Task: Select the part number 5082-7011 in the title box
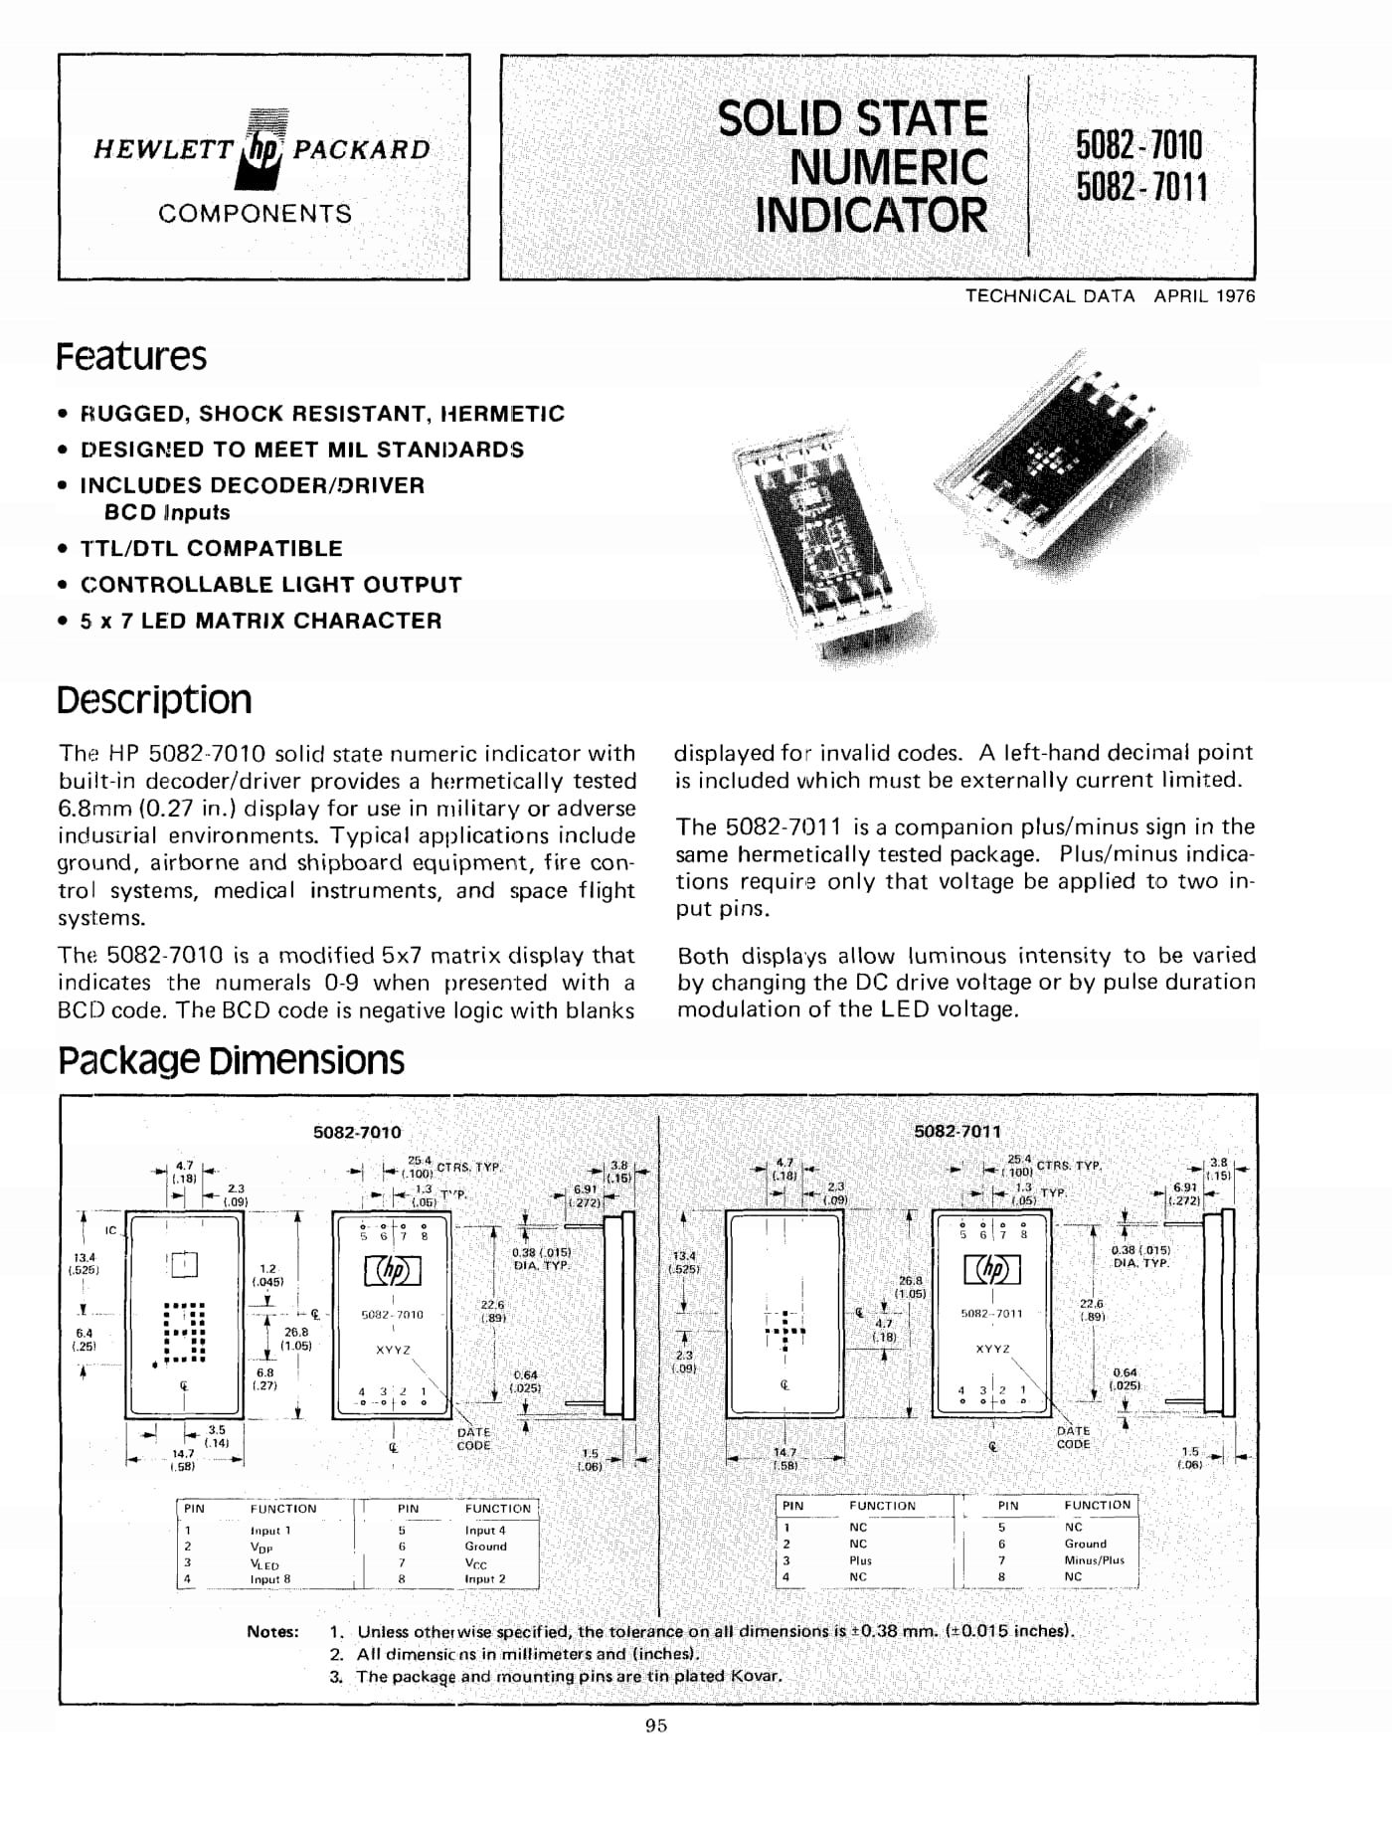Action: point(1141,187)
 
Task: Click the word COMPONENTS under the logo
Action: point(255,214)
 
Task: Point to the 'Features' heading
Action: point(131,356)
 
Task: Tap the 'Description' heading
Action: point(154,700)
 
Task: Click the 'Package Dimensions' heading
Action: point(231,1060)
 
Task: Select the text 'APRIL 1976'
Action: point(1204,296)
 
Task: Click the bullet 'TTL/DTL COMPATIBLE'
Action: point(211,548)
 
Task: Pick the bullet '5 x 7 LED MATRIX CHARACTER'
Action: point(261,621)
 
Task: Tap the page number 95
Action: point(656,1727)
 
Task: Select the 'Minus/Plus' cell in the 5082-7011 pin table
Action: point(1094,1560)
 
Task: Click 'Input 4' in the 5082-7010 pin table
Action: point(485,1531)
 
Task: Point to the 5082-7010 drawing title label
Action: point(357,1132)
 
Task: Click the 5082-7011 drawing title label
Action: point(957,1131)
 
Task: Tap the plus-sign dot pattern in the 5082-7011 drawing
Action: point(784,1330)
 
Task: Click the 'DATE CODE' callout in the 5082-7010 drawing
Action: point(473,1439)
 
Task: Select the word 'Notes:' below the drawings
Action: point(272,1632)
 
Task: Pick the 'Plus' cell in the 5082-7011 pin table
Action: point(860,1560)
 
